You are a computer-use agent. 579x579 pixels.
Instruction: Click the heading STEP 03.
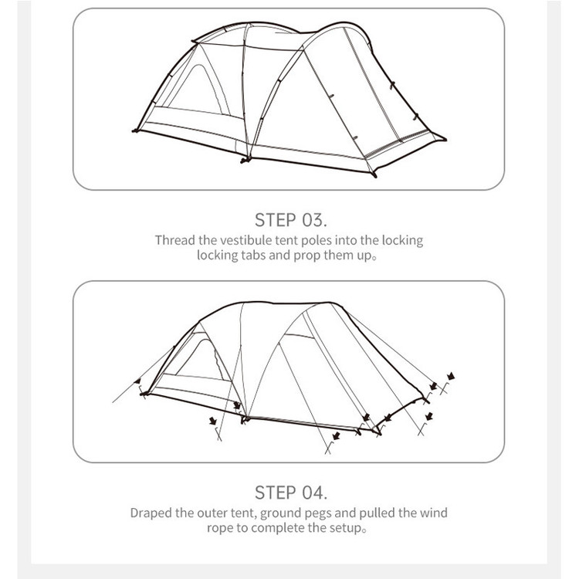(x=290, y=220)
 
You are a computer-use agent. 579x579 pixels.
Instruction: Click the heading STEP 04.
(x=290, y=493)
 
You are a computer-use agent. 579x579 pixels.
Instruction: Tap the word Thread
(x=174, y=240)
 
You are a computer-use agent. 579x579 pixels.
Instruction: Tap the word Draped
(x=151, y=513)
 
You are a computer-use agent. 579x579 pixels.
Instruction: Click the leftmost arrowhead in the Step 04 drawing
(x=137, y=381)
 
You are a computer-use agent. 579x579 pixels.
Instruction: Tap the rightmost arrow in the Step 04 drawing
(x=451, y=376)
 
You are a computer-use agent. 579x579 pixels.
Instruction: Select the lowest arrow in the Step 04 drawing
(x=336, y=435)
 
